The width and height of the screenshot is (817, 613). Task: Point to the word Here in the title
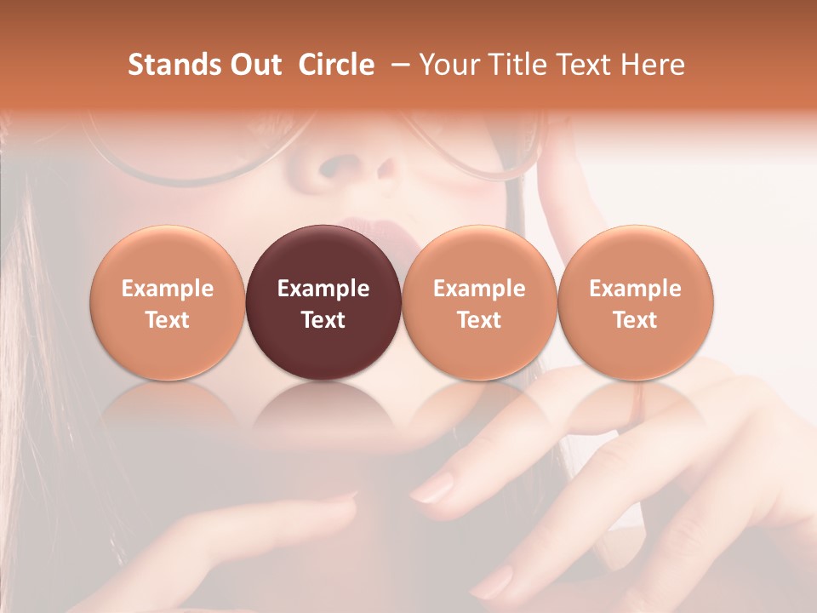[x=654, y=65]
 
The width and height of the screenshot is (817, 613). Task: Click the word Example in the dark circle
[x=323, y=289]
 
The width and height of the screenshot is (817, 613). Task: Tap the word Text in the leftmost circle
[x=167, y=320]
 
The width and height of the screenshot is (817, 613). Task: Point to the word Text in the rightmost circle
[x=635, y=320]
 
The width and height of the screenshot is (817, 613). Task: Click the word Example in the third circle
[x=479, y=289]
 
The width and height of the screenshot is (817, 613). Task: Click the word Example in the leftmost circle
[x=167, y=289]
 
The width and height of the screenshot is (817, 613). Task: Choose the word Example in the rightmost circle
[x=635, y=289]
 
